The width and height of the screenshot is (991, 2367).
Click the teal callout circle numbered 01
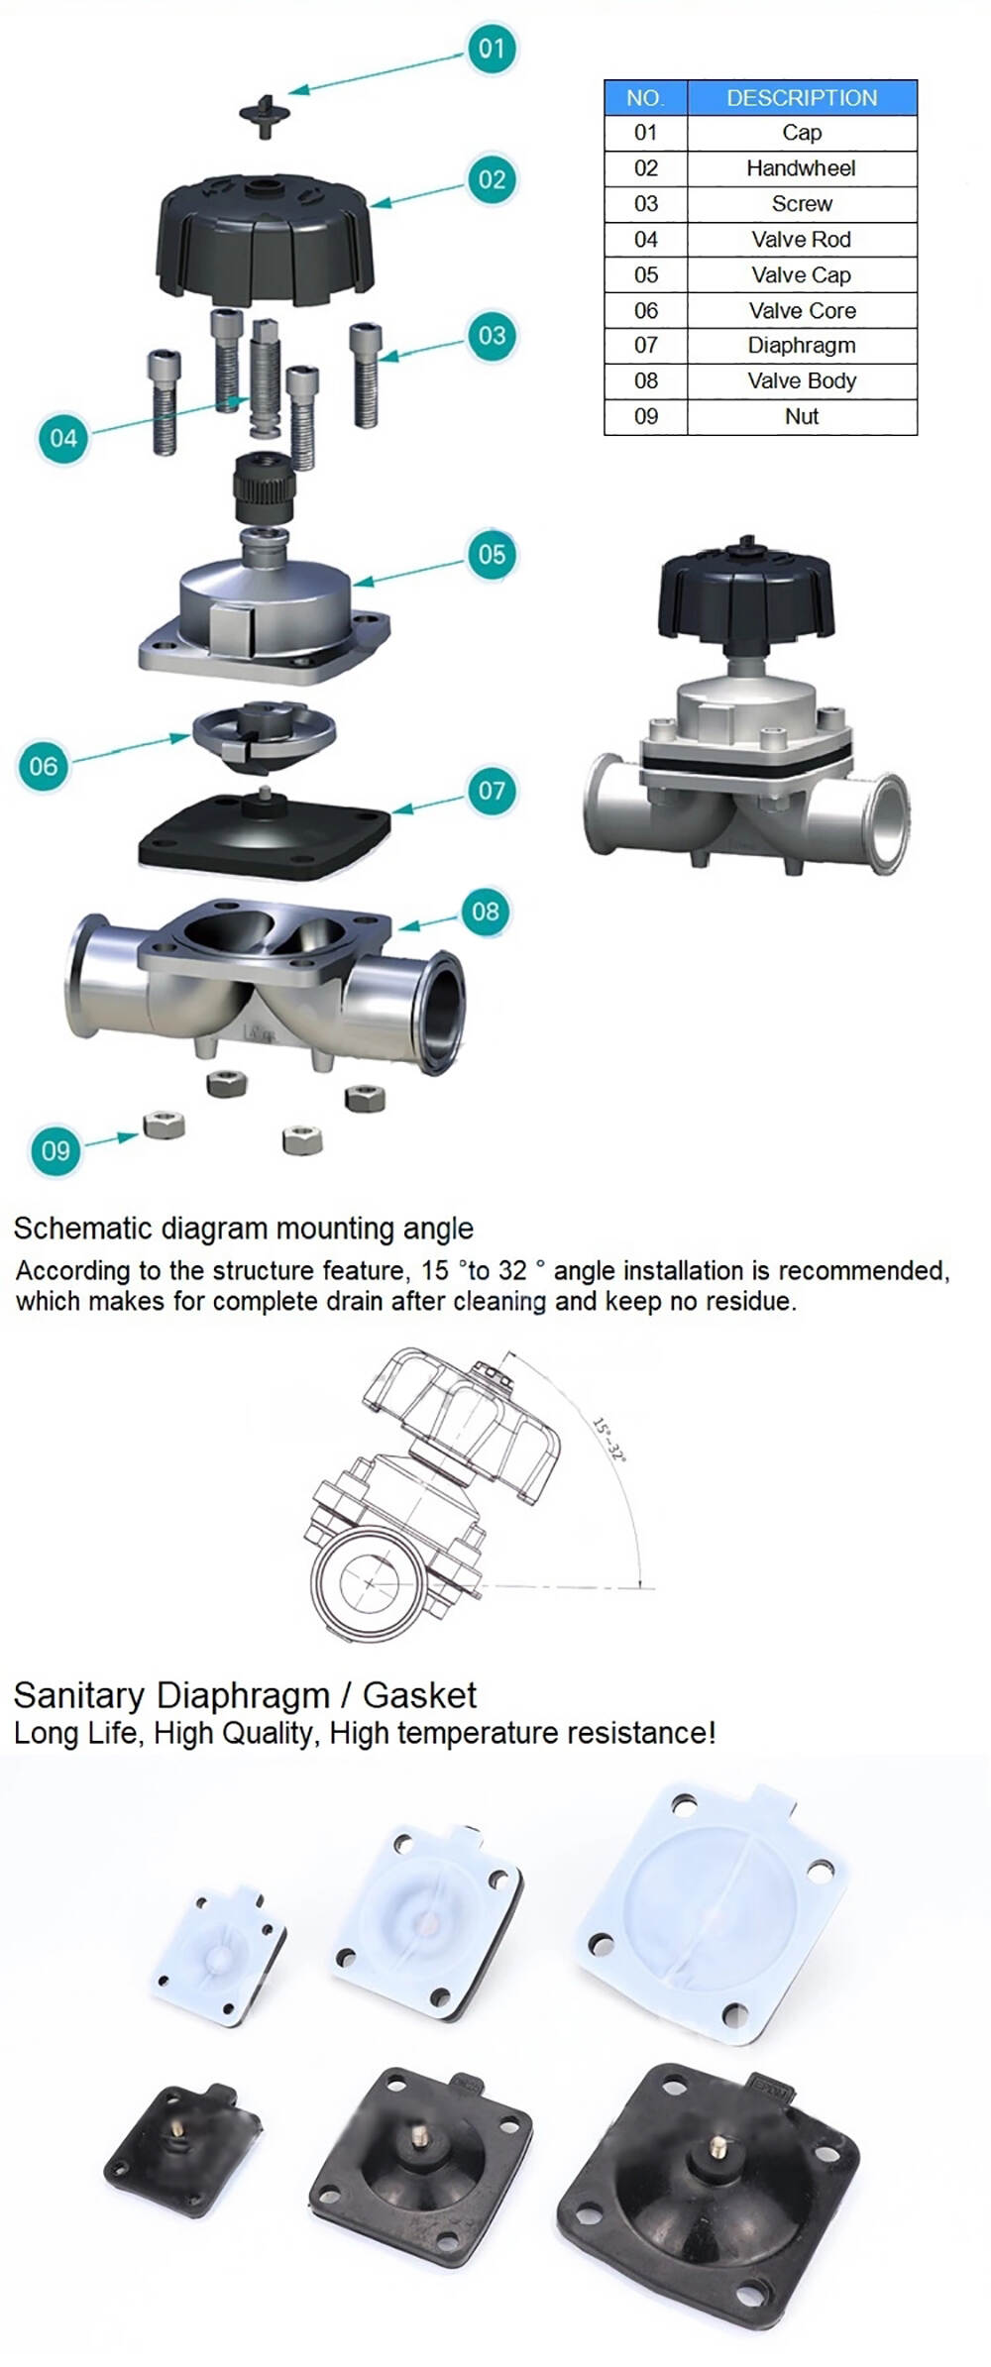(492, 49)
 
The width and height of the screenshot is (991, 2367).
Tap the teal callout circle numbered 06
(43, 766)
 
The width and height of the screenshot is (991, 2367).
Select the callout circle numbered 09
(55, 1150)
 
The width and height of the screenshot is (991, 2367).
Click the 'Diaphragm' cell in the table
(801, 346)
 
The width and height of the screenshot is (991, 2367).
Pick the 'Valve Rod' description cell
(801, 240)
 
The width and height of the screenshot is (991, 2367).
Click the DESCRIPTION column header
(801, 98)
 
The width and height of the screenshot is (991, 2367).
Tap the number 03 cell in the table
(645, 204)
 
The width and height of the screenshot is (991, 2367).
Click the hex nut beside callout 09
(164, 1126)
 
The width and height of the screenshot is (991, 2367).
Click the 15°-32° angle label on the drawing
(609, 1440)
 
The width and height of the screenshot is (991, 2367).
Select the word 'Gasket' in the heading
(419, 1696)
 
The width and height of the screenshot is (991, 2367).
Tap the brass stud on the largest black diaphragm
(716, 2148)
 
